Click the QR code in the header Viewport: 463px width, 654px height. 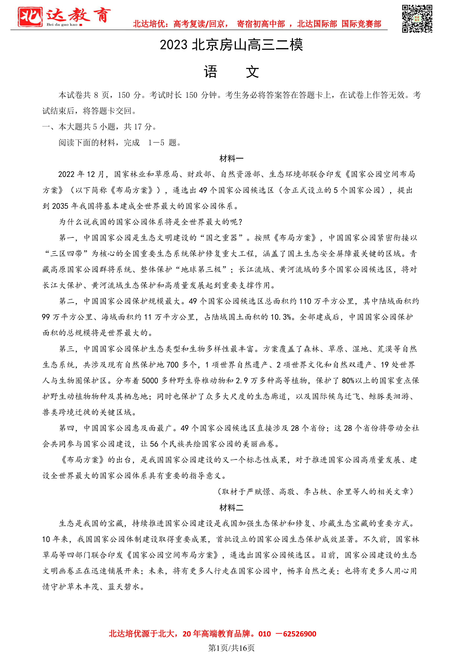coord(417,19)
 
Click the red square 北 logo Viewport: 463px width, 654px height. coord(30,17)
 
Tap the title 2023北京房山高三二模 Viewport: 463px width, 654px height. coord(231,45)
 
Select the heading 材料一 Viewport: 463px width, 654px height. coord(231,158)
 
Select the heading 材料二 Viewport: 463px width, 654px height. coord(231,507)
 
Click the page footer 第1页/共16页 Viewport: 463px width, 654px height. coord(231,648)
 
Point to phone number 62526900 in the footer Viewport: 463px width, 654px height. coord(299,634)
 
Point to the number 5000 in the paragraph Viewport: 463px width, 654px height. coord(149,381)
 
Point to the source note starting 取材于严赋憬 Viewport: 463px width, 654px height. coord(315,492)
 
